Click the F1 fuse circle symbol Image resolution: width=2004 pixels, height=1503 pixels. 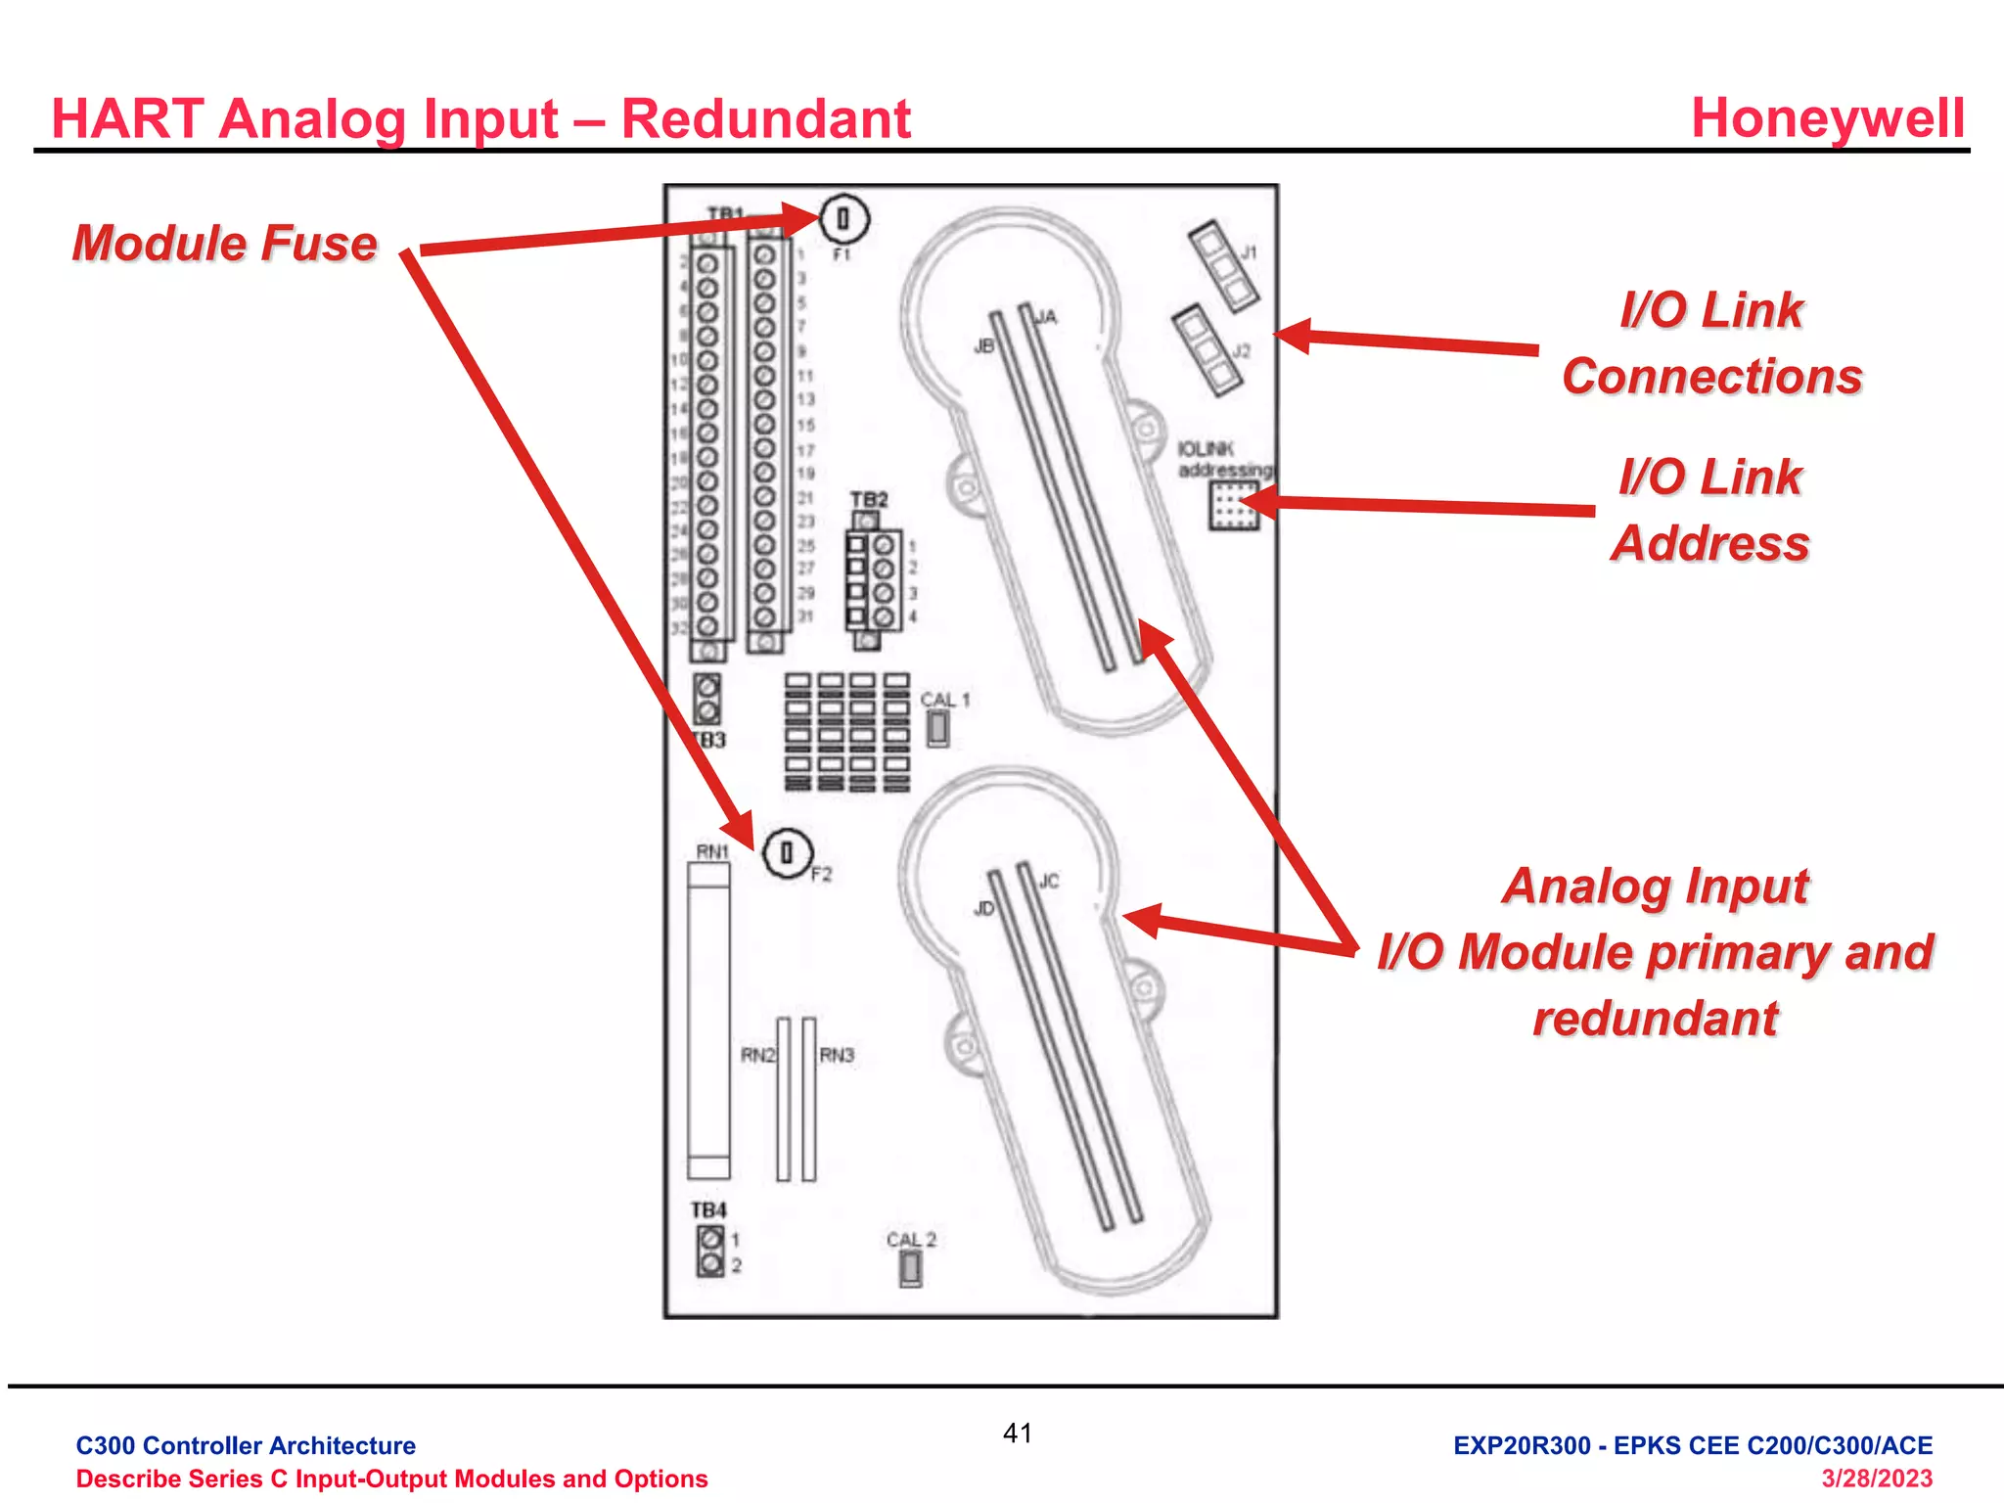tap(843, 219)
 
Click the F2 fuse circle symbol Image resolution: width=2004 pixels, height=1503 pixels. tap(786, 853)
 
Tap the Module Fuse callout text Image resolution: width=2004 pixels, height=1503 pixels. tap(225, 243)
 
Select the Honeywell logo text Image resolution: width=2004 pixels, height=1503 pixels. tap(1827, 118)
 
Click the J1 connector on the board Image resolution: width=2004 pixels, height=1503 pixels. tap(1222, 265)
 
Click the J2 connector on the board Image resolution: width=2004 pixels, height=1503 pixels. tap(1207, 349)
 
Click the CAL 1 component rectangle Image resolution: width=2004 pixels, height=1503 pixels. tap(937, 727)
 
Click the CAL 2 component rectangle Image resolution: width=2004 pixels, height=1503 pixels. tap(910, 1268)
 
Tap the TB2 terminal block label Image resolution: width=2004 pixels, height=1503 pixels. tap(868, 499)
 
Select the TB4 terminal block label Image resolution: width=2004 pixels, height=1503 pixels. tap(708, 1210)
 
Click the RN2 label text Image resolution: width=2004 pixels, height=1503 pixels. tap(757, 1055)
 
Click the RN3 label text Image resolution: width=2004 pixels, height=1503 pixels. tap(837, 1055)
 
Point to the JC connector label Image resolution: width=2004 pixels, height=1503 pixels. tap(1048, 881)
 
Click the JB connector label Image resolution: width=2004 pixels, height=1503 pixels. tap(983, 346)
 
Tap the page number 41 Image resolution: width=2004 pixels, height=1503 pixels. tap(1018, 1434)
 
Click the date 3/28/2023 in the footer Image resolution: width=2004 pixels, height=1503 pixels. tap(1876, 1479)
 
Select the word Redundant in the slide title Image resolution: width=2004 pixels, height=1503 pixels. tap(765, 119)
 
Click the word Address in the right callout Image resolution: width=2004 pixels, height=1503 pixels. tap(1709, 543)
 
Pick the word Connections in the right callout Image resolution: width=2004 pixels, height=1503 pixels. tap(1711, 377)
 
